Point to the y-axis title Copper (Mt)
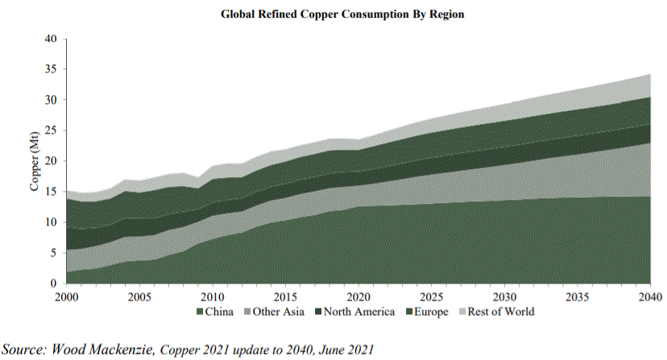point(35,161)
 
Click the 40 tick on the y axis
point(50,39)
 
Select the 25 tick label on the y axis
point(50,130)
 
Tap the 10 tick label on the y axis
point(50,222)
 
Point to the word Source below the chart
point(24,349)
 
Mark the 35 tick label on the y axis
point(50,69)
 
